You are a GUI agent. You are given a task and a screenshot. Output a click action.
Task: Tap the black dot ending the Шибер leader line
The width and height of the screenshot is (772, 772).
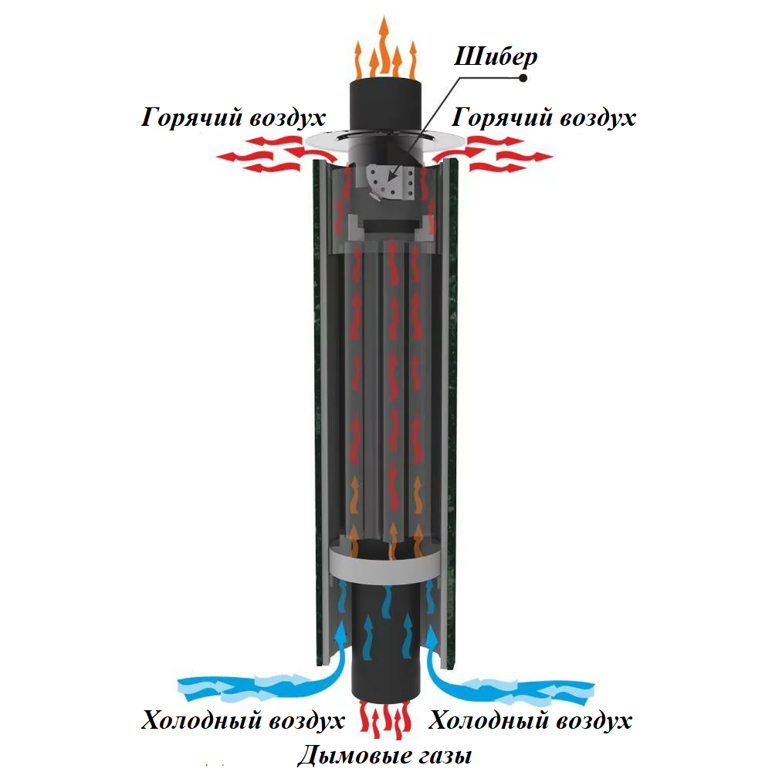pos(523,78)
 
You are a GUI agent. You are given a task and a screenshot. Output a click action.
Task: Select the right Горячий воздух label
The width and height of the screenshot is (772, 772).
pos(543,119)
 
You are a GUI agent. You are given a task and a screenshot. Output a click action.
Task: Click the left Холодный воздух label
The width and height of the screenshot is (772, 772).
pos(242,721)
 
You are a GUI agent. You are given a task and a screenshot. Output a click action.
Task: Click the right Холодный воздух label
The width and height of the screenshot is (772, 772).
pos(530,721)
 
